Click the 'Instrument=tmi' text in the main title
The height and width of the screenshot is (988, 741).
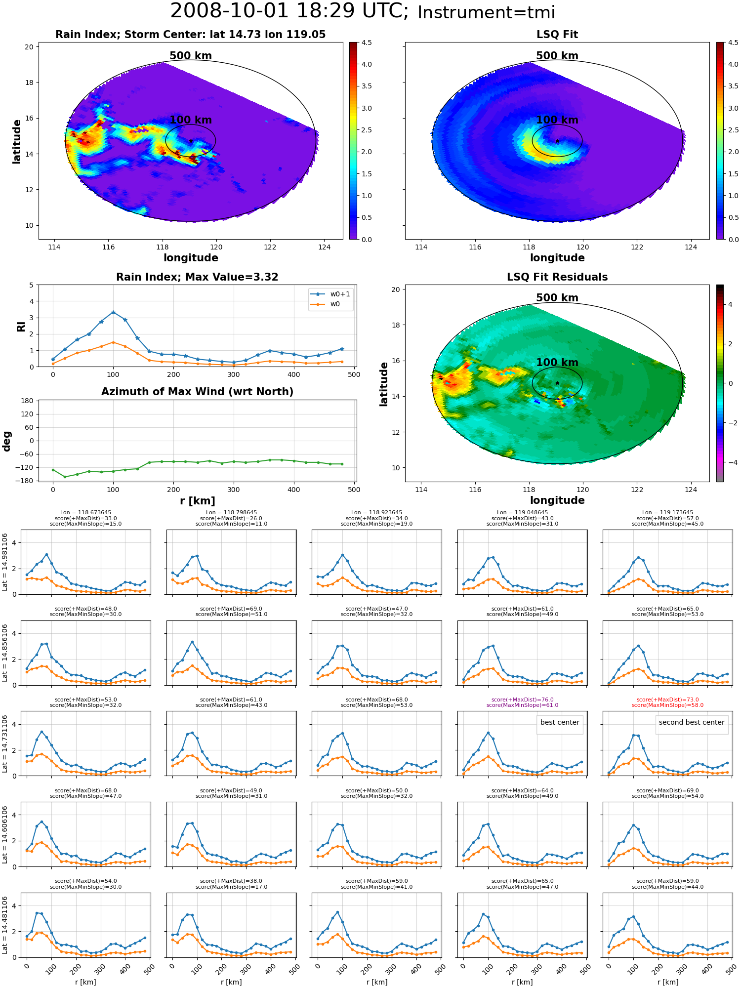(486, 12)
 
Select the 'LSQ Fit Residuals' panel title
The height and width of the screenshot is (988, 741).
(557, 277)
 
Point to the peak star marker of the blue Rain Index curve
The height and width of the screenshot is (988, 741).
(113, 312)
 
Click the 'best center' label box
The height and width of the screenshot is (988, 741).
(560, 722)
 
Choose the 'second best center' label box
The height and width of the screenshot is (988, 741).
(692, 722)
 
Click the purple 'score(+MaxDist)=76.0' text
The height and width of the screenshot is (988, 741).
(522, 700)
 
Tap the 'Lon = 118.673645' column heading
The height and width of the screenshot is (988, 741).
(85, 512)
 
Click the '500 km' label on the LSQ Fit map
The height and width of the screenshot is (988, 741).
(557, 56)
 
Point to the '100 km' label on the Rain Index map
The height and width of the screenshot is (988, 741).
(191, 120)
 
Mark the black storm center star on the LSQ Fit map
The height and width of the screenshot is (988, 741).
(557, 141)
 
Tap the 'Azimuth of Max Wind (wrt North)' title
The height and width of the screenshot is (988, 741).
(198, 392)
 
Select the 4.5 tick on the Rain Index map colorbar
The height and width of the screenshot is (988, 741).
(367, 42)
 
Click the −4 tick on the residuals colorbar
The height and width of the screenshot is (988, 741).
(730, 462)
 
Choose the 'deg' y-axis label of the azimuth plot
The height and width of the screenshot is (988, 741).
(6, 441)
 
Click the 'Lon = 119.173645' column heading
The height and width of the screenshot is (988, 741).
(667, 512)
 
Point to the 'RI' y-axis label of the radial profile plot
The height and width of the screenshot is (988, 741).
(21, 327)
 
